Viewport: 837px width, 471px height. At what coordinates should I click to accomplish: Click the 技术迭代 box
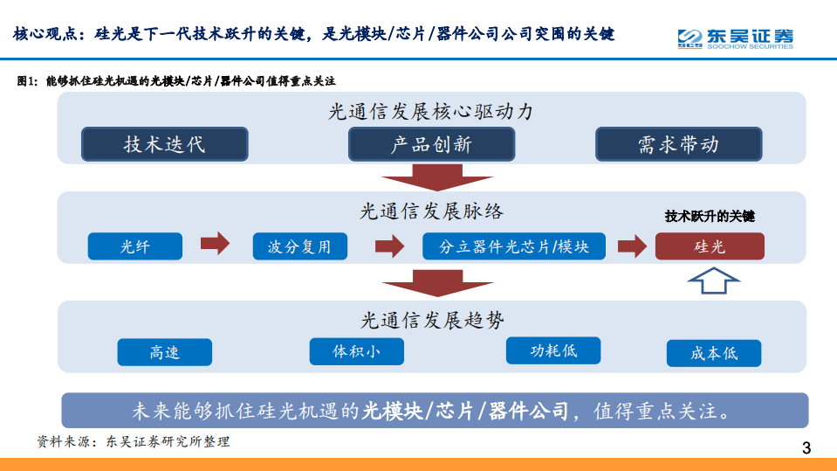pos(164,144)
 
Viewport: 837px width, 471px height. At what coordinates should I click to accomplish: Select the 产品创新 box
pos(431,144)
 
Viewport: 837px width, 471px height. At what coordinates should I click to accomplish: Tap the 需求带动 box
pos(678,144)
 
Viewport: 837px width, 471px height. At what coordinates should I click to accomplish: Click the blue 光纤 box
pos(135,246)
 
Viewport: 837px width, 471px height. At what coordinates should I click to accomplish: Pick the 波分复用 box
pos(299,246)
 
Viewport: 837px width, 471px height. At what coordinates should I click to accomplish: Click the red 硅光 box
pos(710,246)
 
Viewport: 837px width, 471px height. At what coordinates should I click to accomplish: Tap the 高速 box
pos(164,352)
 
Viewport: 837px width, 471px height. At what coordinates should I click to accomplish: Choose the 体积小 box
pos(356,351)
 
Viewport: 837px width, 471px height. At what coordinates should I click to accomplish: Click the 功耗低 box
pos(553,350)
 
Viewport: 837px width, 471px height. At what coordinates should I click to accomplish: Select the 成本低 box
pos(714,353)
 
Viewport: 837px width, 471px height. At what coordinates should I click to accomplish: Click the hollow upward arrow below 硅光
pos(713,281)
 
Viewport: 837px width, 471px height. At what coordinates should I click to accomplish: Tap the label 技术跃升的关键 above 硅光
pos(710,216)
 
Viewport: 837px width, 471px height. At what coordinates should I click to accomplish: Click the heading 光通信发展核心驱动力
pos(430,112)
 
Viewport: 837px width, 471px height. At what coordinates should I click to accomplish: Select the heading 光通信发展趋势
pos(432,321)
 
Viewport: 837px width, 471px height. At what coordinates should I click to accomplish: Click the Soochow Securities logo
pos(735,38)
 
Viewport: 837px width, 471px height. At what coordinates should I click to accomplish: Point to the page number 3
pos(806,448)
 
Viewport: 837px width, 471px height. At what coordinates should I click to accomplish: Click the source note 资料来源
pos(133,441)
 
